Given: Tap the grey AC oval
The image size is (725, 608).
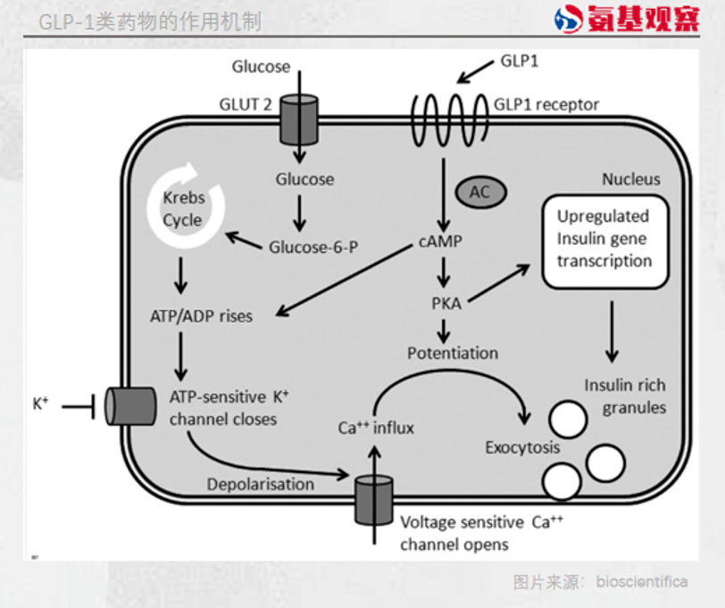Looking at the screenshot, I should point(480,191).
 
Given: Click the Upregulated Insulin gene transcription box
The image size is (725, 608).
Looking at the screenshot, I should point(604,238).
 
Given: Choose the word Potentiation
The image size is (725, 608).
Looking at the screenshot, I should point(453,353).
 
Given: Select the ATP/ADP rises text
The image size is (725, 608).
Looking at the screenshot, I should point(202,316).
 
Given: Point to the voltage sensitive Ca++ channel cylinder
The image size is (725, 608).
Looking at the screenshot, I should point(373,501).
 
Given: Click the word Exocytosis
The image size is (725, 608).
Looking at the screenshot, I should point(522,446).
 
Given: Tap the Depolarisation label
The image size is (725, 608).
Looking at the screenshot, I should point(261,484).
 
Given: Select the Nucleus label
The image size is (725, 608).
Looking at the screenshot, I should point(630,179).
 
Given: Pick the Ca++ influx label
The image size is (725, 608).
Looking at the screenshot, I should point(376,428).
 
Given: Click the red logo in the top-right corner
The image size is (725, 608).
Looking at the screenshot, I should point(625,20).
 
